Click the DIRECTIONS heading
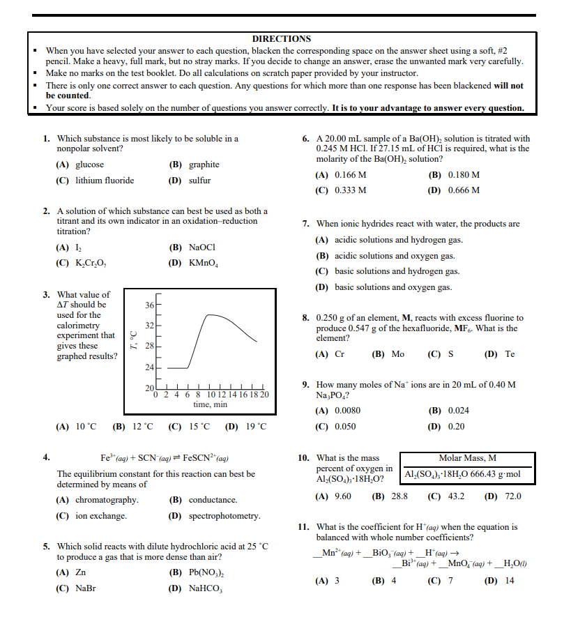pos(281,39)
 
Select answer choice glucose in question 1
pos(89,165)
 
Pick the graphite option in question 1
pos(204,165)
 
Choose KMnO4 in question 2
pos(204,263)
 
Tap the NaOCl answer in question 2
pos(204,247)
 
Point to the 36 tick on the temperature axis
pos(149,305)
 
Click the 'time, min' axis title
pos(210,404)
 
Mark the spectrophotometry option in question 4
pos(224,516)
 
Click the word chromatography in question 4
pos(107,500)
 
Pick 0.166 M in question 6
pos(351,174)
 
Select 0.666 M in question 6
pos(464,190)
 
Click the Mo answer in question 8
pos(397,353)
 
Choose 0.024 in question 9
pos(458,411)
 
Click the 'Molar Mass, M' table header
pos(468,458)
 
